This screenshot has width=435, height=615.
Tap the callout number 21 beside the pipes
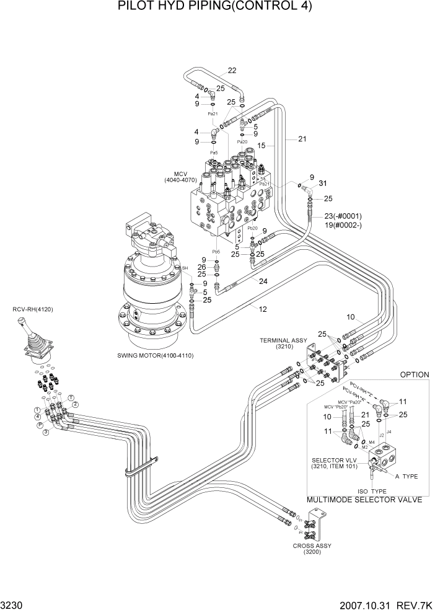302,139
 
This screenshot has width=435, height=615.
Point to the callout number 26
201,267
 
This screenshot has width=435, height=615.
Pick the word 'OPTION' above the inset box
415,375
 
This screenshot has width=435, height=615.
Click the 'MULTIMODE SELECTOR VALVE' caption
364,499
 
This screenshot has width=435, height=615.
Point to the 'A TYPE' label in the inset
407,477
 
